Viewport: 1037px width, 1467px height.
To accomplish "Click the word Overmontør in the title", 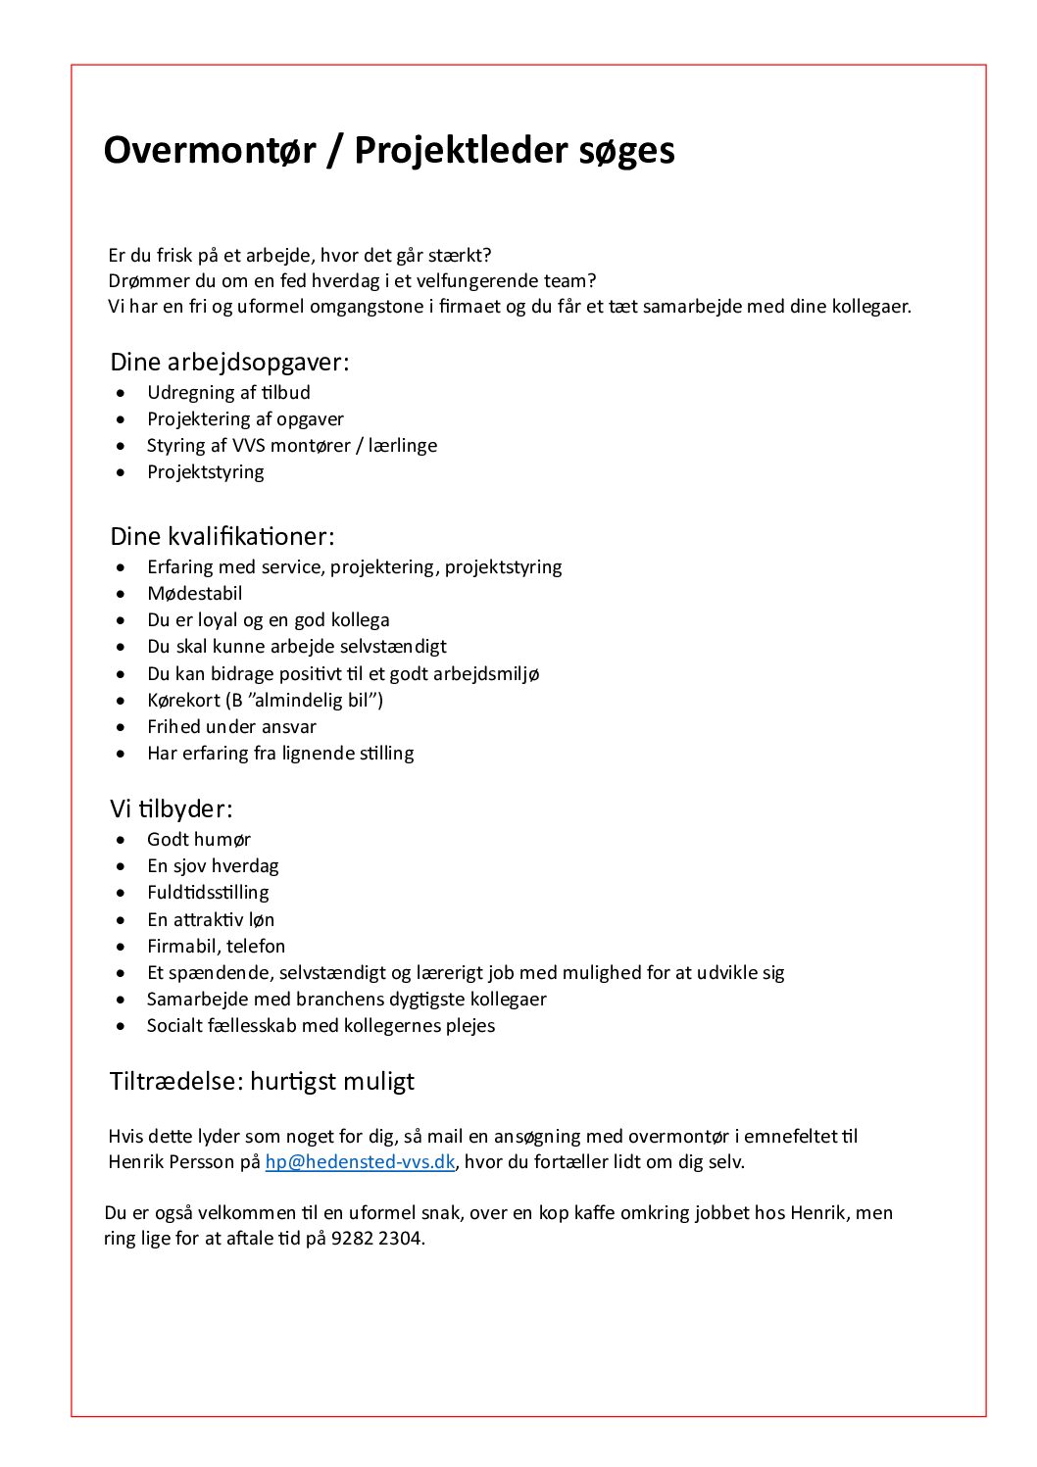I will click(210, 151).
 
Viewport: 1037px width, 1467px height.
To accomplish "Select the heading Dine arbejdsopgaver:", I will click(229, 363).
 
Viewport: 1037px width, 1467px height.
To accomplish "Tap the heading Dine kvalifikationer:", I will click(222, 537).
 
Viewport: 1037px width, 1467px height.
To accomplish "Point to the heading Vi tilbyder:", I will click(172, 809).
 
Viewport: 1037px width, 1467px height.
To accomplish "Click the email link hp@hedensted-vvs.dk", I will click(360, 1162).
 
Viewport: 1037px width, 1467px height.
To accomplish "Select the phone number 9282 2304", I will click(376, 1239).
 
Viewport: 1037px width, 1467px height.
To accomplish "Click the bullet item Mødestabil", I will click(194, 594).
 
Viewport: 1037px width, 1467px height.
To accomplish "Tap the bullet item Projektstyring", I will click(206, 472).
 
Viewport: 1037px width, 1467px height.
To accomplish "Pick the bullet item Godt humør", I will click(199, 840).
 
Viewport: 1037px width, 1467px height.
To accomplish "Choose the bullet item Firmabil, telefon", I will click(217, 947).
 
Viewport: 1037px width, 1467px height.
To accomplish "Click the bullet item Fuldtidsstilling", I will click(208, 893).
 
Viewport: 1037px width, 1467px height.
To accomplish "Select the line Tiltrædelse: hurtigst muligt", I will click(262, 1082).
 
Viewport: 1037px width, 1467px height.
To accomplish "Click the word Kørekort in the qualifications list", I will click(182, 701).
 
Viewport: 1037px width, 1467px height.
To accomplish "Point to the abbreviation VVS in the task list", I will click(248, 446).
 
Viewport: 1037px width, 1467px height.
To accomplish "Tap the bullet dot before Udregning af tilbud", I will click(121, 393).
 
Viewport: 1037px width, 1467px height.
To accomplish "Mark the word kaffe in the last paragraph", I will click(595, 1213).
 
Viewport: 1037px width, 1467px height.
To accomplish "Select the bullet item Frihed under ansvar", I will click(231, 727).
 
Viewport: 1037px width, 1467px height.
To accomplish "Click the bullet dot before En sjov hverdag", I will click(121, 866).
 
